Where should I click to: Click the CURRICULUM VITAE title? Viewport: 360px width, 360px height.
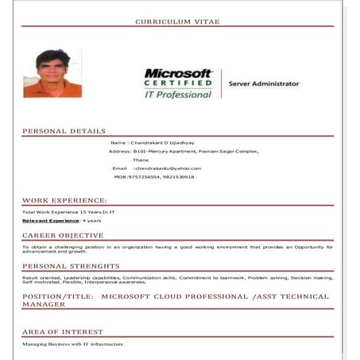177,21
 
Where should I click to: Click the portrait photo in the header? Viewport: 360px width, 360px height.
52,74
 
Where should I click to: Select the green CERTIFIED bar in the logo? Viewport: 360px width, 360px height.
179,82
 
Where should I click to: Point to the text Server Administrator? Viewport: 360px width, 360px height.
264,83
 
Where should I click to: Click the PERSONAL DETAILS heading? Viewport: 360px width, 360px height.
64,131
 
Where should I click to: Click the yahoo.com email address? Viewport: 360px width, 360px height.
168,168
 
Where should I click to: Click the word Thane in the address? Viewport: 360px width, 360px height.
141,160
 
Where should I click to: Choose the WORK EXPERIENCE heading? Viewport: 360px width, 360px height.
64,200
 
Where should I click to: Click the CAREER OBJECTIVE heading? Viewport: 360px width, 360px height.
63,235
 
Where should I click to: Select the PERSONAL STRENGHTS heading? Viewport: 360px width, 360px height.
71,266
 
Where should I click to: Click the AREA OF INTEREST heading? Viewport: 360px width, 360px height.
63,331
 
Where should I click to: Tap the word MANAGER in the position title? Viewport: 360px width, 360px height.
45,304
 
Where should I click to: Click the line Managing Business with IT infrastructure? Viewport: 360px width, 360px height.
73,344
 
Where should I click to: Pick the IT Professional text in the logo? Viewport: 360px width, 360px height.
178,94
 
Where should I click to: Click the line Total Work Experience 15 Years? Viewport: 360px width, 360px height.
68,212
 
